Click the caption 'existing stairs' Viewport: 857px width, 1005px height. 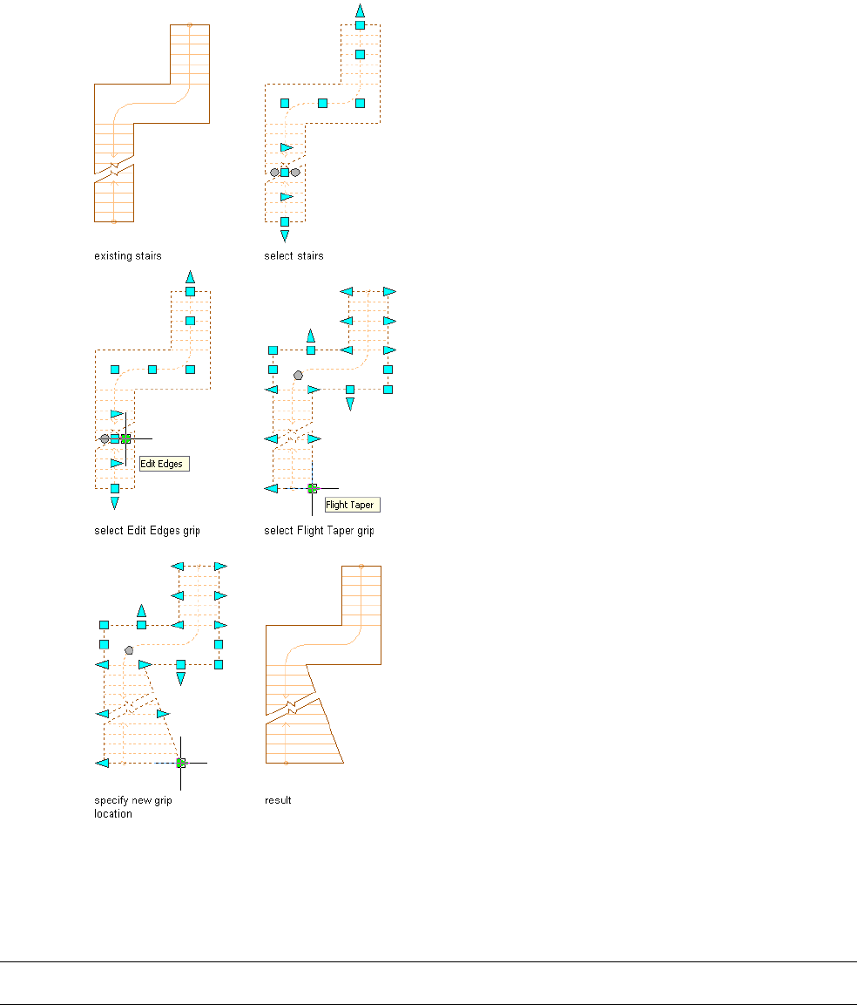pos(128,256)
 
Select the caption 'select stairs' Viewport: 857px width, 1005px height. pos(294,256)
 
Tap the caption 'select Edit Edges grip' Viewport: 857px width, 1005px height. pos(147,530)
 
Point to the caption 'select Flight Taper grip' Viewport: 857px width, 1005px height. pos(319,530)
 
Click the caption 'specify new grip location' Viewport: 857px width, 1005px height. pos(132,806)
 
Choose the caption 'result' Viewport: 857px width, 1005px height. pos(278,800)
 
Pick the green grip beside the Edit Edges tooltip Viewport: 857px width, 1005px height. pos(125,438)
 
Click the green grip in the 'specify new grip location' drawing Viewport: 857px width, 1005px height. pos(181,763)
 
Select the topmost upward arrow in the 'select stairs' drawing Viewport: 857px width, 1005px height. pos(360,10)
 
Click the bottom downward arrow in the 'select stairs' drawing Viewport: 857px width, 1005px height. pos(285,235)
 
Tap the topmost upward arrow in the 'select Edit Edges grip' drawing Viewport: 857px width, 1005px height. pos(190,276)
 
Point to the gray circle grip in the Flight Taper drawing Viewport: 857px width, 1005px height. pos(299,374)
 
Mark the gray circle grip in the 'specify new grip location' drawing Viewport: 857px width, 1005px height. pos(129,650)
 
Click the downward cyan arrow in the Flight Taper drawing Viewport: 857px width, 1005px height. pos(350,404)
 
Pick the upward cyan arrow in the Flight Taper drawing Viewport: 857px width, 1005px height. pos(311,335)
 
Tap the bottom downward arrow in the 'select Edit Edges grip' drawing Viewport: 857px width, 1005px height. pos(115,503)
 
